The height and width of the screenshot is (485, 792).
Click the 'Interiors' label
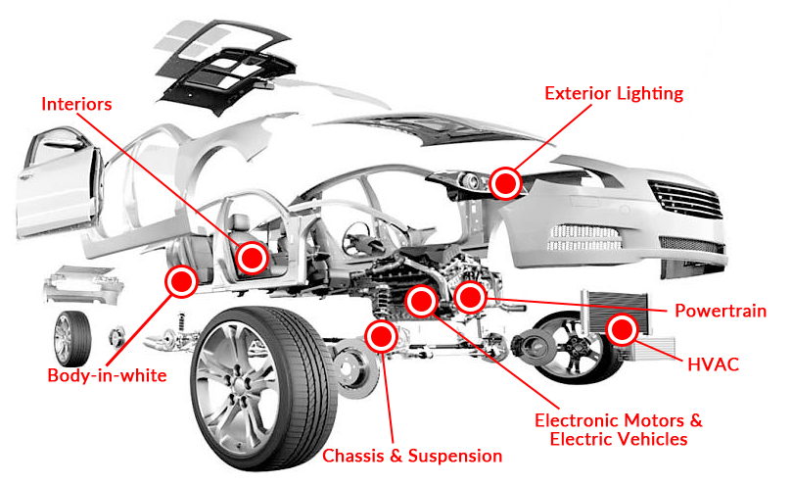pos(77,104)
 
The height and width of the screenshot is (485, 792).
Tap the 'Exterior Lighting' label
pos(614,93)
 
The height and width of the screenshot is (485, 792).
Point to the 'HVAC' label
pos(713,365)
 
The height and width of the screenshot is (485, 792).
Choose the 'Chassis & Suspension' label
pos(412,456)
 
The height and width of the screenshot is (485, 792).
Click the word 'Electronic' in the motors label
pos(580,420)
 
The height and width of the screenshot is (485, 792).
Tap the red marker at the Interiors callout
pos(253,258)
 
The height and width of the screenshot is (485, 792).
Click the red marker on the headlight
pos(505,182)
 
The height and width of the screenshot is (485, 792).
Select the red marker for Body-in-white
pos(180,282)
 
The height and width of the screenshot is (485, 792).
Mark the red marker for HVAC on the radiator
pos(621,330)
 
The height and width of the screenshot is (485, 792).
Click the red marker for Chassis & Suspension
pos(380,336)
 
